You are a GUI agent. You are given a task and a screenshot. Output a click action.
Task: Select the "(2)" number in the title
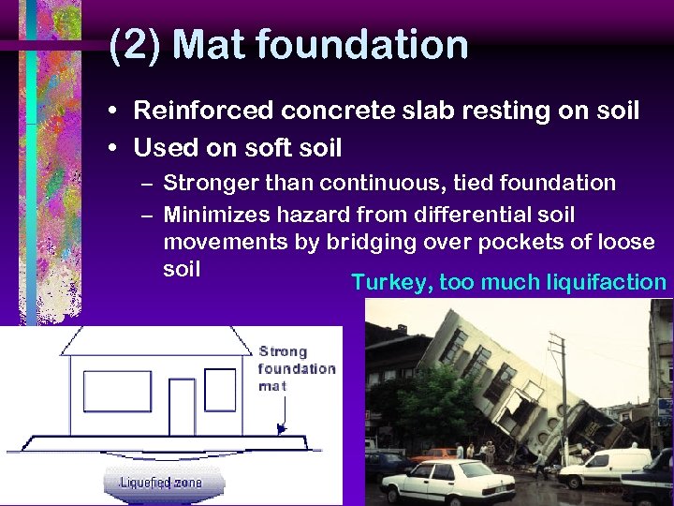[x=135, y=46]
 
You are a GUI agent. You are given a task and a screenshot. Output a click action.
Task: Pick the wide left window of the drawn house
[x=117, y=391]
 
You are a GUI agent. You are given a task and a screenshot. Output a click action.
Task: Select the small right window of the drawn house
[x=221, y=389]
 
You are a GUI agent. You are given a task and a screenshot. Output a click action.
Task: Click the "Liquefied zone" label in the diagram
[x=160, y=483]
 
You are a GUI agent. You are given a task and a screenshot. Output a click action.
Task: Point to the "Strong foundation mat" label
[x=296, y=368]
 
